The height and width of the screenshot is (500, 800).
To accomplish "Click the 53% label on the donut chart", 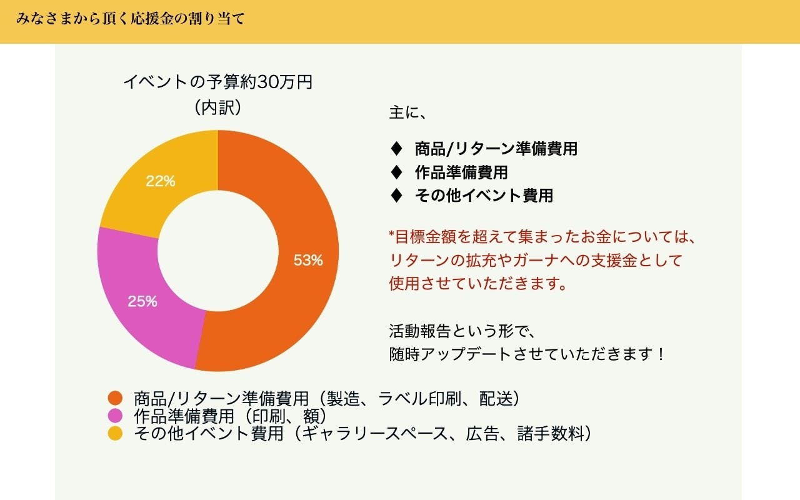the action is (x=308, y=260).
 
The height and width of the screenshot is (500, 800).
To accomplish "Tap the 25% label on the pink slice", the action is (x=142, y=301).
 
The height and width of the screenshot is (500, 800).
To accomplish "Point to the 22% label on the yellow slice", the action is (x=161, y=181).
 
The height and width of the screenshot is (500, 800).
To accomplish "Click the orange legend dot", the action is (x=115, y=398).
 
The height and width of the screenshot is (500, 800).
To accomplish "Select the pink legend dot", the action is (x=115, y=416).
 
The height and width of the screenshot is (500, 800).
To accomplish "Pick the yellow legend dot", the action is (x=115, y=433).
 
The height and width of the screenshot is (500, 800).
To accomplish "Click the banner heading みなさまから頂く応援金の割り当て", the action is (x=131, y=19).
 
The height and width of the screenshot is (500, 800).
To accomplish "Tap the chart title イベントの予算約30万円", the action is (x=218, y=82).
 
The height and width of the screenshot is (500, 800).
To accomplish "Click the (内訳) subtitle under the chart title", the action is (x=218, y=107).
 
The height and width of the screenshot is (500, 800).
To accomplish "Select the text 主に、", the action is (x=407, y=112).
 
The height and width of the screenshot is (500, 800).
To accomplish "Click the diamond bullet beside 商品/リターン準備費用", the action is (x=396, y=149).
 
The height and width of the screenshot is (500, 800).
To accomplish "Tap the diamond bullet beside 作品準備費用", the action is (x=396, y=172).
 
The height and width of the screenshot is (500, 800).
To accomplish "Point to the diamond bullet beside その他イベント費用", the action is (x=396, y=196).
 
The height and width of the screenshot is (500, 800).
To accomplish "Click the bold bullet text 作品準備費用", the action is (x=461, y=172).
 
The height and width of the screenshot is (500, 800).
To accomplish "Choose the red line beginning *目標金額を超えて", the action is (x=542, y=237).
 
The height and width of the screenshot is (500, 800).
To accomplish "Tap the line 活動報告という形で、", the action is (x=462, y=331).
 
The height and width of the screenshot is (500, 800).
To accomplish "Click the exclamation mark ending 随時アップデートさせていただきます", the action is (x=661, y=354).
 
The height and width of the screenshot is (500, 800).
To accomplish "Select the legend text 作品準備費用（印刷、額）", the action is (x=231, y=416).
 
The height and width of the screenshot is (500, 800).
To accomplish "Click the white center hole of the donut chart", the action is (x=218, y=251).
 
